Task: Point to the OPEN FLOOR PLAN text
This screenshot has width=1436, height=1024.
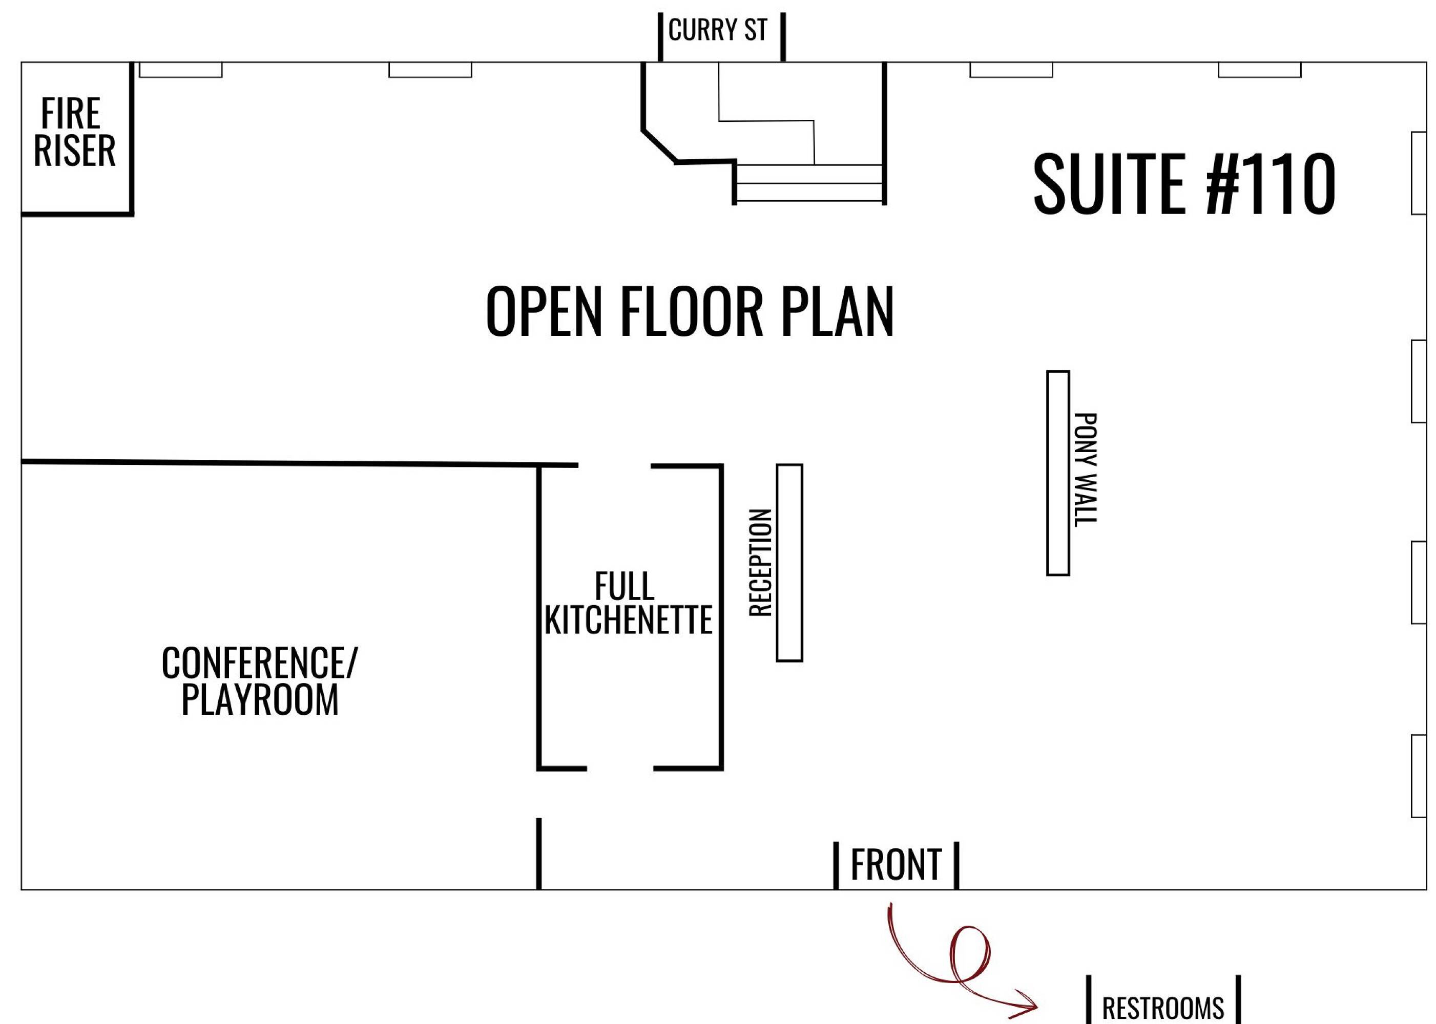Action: (690, 311)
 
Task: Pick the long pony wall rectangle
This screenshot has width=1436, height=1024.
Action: (1058, 473)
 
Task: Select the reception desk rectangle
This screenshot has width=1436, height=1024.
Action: (789, 563)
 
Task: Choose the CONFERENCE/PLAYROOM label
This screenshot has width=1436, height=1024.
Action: (259, 680)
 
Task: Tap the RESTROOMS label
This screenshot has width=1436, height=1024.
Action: (1163, 1008)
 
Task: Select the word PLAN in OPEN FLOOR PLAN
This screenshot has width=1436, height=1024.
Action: (837, 311)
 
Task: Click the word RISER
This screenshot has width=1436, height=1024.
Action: (74, 151)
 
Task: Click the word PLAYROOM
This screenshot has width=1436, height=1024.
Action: (259, 699)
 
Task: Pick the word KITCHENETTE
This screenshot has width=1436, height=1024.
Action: (628, 620)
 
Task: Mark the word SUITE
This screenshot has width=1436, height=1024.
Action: (1109, 183)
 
